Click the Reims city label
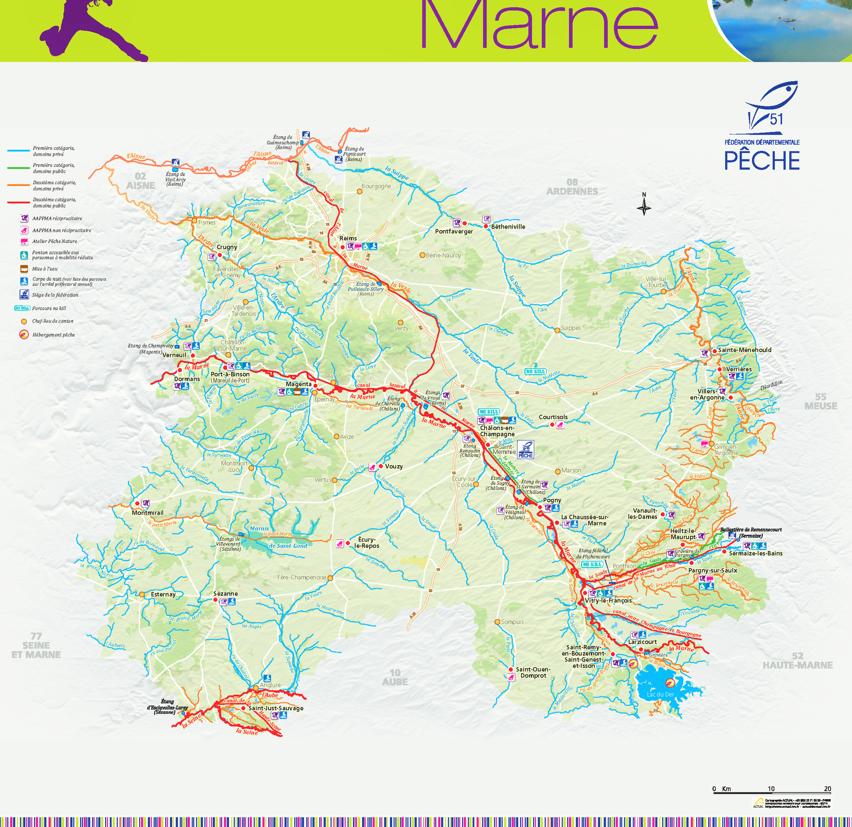tap(348, 238)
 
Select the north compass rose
tap(644, 206)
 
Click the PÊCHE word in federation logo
tap(761, 161)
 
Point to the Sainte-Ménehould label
tap(745, 350)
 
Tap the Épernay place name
tap(324, 399)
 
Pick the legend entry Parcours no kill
tap(49, 308)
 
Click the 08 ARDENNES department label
tap(572, 187)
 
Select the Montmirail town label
tap(147, 513)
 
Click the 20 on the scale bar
tap(827, 789)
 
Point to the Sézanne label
tap(225, 594)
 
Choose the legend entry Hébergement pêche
tap(53, 335)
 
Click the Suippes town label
tap(570, 328)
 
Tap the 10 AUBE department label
tap(394, 677)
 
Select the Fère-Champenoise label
tap(302, 578)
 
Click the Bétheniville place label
tap(508, 226)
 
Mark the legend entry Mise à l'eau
tap(44, 269)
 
